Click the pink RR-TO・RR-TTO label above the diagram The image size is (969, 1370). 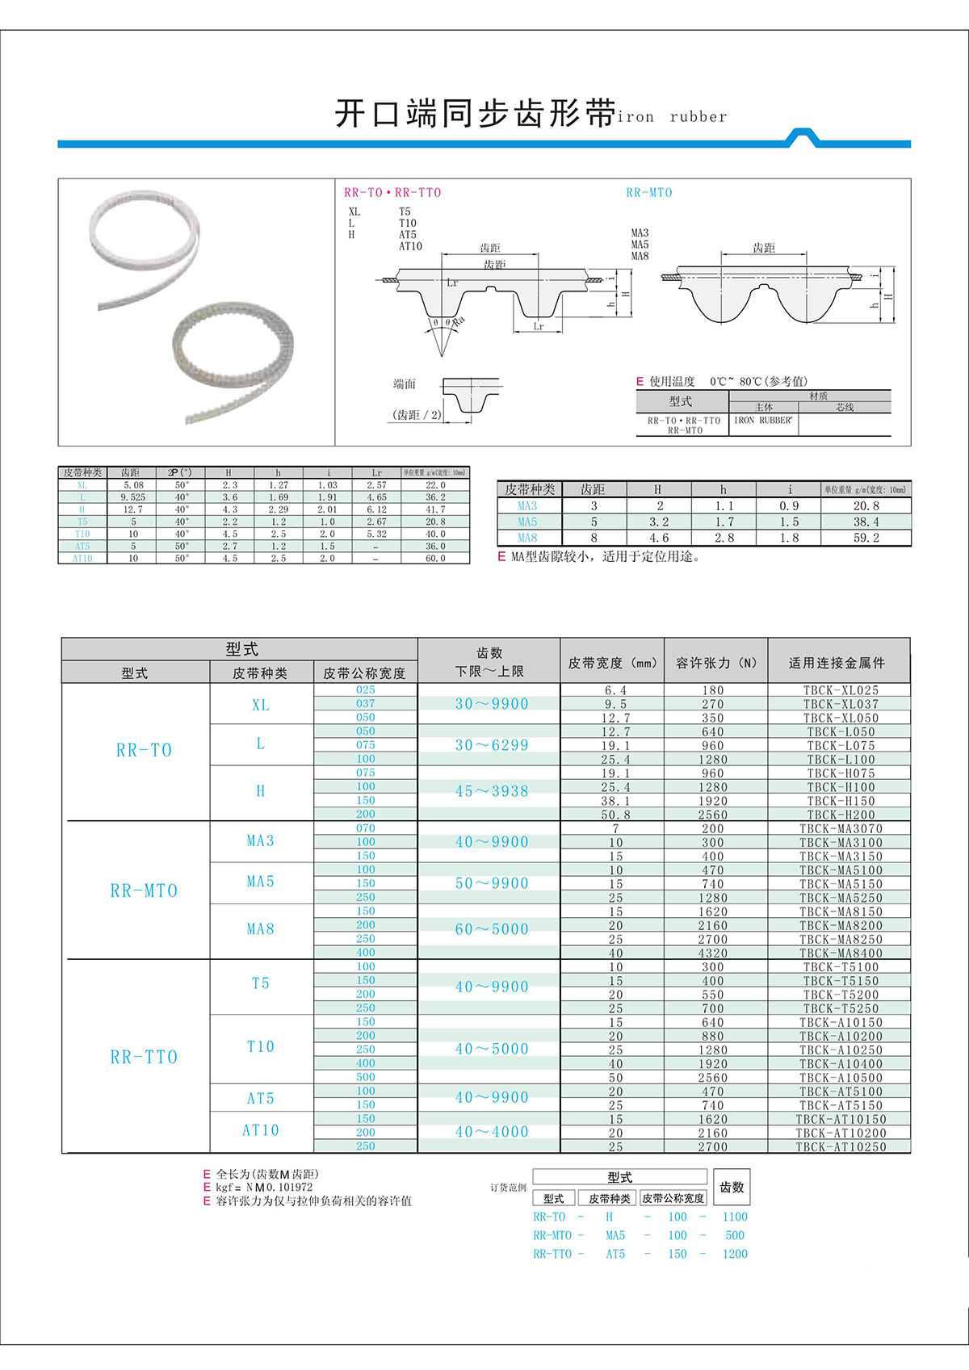392,192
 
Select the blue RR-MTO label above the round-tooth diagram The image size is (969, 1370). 648,192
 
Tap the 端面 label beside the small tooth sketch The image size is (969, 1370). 405,384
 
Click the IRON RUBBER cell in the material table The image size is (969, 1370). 762,421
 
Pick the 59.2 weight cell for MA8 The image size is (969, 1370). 866,538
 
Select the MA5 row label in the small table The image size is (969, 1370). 527,522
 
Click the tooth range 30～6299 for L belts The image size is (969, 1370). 491,745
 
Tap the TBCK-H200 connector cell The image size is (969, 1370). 840,815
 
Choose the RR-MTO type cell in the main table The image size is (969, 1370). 144,890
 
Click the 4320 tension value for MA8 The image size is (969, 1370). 712,953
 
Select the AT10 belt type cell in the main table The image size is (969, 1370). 260,1130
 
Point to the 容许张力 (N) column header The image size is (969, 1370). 715,663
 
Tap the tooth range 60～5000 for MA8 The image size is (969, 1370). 491,929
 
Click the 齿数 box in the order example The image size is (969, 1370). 732,1188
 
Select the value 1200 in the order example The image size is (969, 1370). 735,1254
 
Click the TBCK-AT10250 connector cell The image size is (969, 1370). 840,1146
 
